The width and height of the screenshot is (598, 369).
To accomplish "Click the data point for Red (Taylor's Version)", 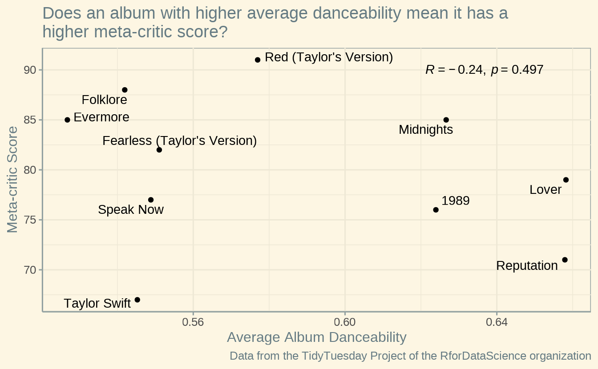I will (x=258, y=60).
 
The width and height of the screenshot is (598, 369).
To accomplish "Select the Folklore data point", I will (x=125, y=90).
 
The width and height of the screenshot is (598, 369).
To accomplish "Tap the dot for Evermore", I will (x=67, y=120).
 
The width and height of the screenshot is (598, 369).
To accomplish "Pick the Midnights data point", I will (x=446, y=120).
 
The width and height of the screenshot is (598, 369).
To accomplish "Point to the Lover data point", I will (x=566, y=180).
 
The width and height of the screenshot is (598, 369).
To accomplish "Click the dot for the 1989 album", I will (x=436, y=210).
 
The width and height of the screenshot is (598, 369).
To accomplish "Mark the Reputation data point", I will (x=565, y=260).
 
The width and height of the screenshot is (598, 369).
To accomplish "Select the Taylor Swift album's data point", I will (x=137, y=300).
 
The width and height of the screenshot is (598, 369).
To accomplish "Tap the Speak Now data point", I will (x=151, y=200).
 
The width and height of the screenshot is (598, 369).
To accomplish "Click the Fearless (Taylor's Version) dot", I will (x=159, y=150).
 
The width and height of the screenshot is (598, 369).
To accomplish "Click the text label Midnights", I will (x=426, y=130).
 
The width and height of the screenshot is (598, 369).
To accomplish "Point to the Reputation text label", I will (x=527, y=266).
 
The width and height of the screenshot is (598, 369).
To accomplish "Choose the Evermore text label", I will (x=101, y=117).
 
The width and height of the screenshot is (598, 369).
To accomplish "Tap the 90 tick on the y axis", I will (x=30, y=70).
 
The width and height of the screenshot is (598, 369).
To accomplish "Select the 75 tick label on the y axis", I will (x=30, y=220).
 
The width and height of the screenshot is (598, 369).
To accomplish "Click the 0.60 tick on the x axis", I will (x=345, y=322).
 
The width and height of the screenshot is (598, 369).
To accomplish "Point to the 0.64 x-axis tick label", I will (x=497, y=322).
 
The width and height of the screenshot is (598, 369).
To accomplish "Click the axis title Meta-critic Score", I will (x=13, y=180).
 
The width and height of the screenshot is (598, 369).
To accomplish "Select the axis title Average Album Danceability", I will (x=316, y=337).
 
